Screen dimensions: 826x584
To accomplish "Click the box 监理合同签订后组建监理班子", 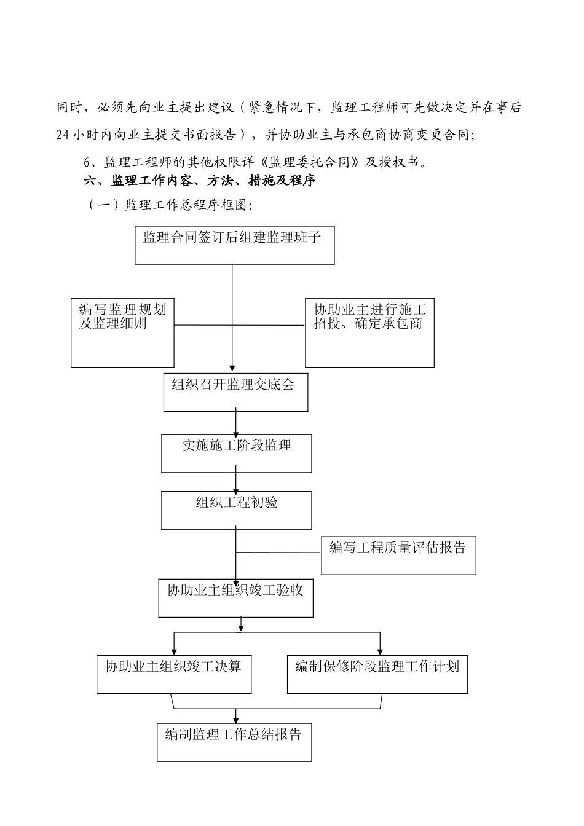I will (234, 245).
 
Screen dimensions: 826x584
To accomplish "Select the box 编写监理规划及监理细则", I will (122, 332).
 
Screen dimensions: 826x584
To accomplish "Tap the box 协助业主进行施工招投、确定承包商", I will (369, 332).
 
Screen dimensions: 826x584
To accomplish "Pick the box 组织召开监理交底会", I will (235, 391).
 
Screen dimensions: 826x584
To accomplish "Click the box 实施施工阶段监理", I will (236, 454).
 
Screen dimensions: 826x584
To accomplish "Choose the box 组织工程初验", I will (236, 510).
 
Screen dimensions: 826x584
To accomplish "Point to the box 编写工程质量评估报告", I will (398, 556).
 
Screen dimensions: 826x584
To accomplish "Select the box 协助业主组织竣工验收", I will (235, 597).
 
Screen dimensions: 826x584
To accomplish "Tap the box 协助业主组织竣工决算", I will (173, 674).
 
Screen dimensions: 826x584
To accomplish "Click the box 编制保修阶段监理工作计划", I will (377, 674).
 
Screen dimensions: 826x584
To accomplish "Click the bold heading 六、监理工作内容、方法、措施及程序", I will (200, 181).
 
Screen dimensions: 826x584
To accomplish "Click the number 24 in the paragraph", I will (63, 135).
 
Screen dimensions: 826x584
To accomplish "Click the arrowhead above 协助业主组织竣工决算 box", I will (174, 652).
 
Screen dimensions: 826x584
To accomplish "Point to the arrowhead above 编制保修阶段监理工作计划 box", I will (381, 652).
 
